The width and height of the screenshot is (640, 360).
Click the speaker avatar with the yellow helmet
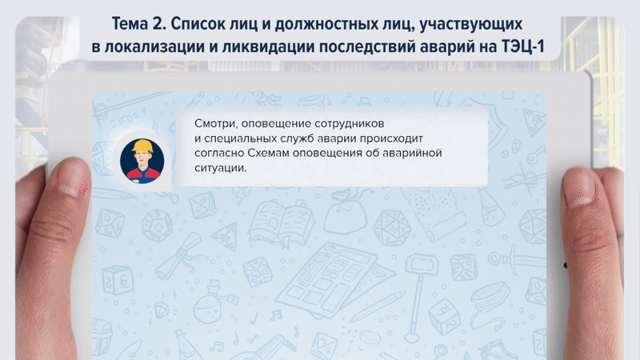point(142,157)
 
